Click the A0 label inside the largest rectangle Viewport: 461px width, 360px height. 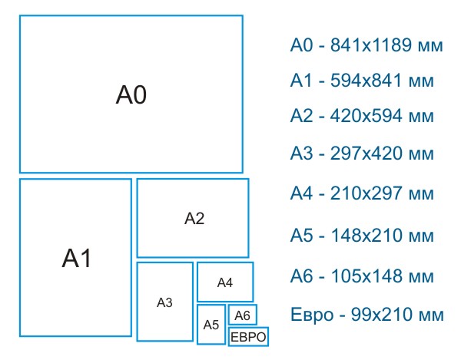point(131,95)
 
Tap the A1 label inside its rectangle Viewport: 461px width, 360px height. point(76,259)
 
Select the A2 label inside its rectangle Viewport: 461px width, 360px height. point(194,219)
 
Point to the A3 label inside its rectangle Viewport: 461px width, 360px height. point(164,302)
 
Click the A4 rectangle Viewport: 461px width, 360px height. point(224,282)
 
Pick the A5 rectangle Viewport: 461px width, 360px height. point(211,323)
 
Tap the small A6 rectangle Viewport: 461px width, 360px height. point(242,315)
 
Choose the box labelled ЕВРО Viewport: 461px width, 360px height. point(248,337)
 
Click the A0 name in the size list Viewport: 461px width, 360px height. point(302,45)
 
